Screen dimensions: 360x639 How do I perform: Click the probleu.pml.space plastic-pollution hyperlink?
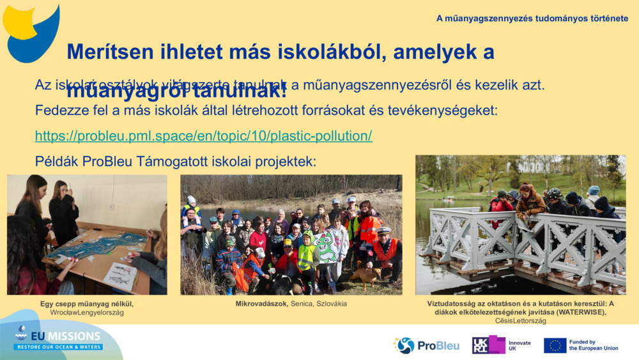point(203,136)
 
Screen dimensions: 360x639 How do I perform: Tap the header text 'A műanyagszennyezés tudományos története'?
point(532,19)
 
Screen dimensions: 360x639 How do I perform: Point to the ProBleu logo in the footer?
point(426,345)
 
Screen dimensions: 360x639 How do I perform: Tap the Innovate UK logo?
point(501,345)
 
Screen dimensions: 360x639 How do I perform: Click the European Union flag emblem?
point(555,345)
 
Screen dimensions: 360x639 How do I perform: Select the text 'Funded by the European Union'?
point(593,345)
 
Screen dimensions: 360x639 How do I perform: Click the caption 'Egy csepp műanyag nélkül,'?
point(87,304)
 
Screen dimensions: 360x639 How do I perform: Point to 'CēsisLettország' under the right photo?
point(520,320)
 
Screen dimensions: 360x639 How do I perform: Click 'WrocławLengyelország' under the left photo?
point(87,312)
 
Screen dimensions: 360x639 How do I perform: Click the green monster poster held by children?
point(325,247)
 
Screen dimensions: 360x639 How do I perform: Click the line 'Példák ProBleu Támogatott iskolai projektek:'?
point(175,161)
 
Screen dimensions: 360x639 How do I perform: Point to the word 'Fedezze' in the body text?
point(58,110)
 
